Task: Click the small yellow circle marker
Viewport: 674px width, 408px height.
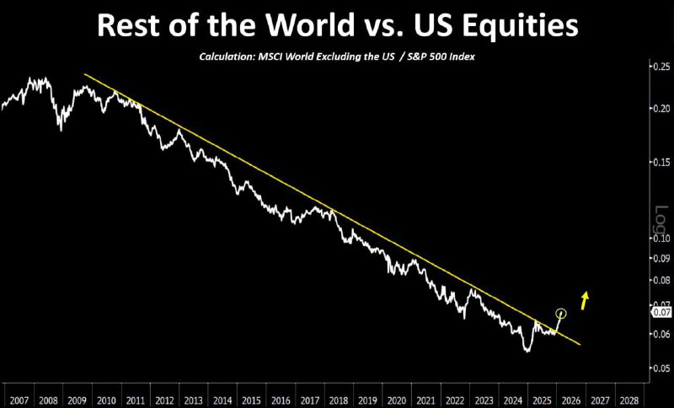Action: (561, 314)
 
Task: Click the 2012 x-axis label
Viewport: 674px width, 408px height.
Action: (164, 400)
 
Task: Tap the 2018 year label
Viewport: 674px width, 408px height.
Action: (339, 400)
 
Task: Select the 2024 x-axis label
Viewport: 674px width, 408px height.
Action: (512, 400)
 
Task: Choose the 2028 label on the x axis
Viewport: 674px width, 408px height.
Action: (628, 400)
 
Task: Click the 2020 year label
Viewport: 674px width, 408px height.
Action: (397, 400)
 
